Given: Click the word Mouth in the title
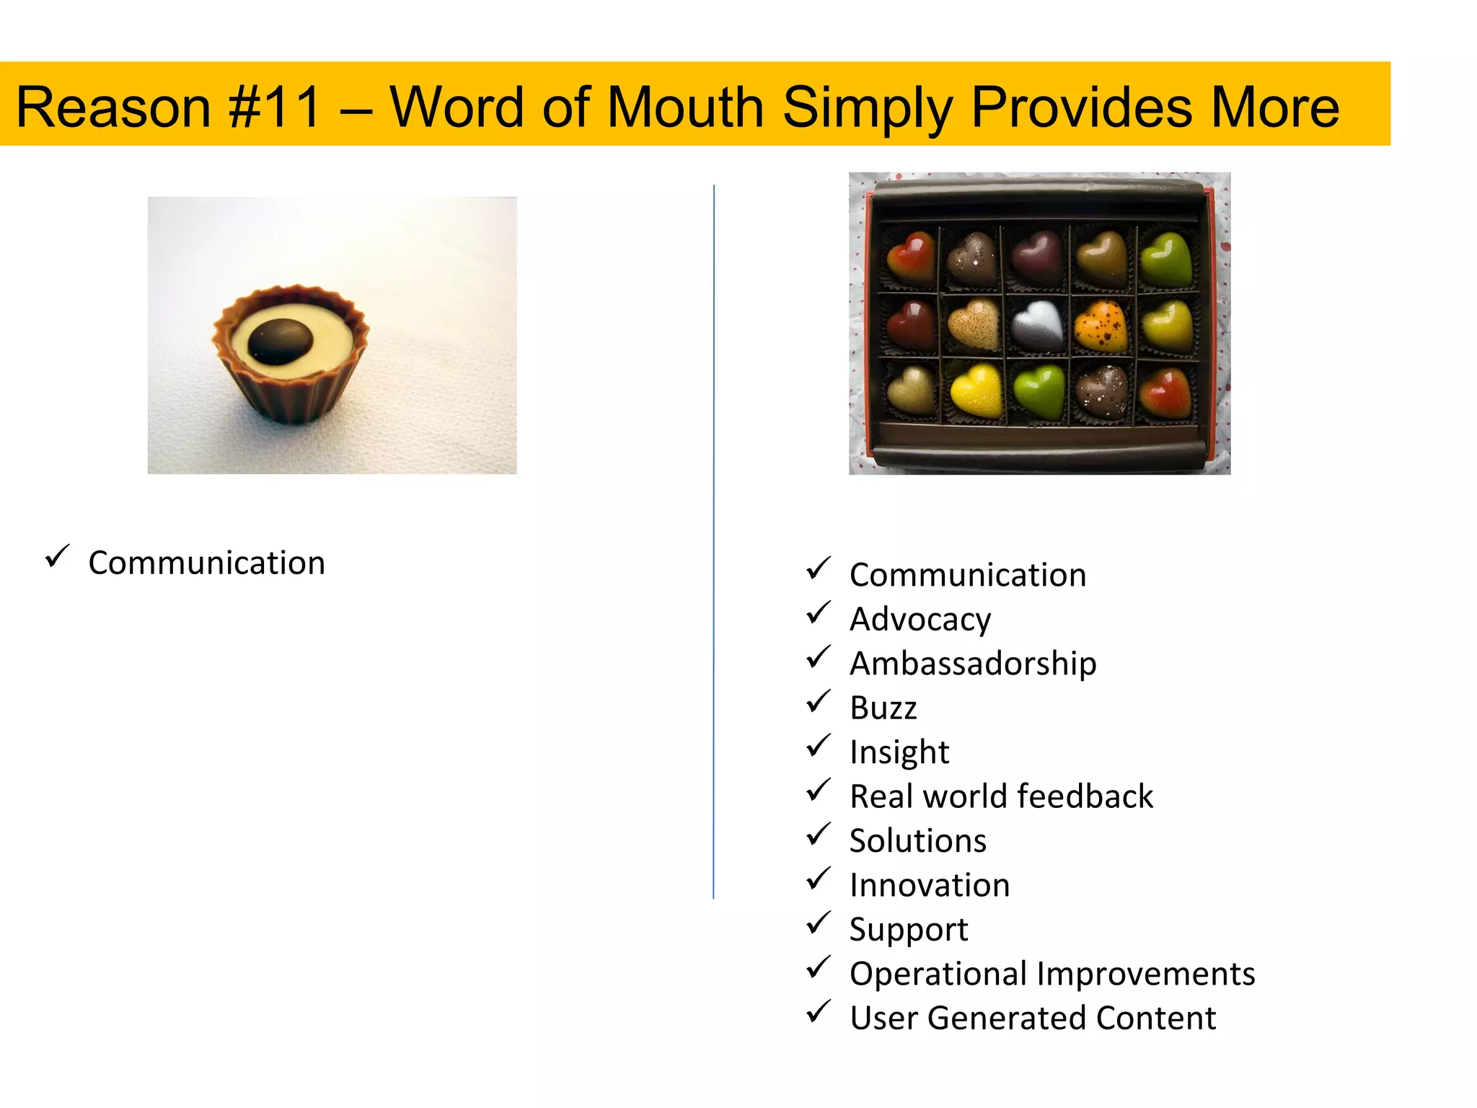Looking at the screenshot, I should (x=685, y=107).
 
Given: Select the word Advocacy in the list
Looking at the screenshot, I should (x=920, y=620).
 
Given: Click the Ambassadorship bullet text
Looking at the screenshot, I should (x=973, y=664).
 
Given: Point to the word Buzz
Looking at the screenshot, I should (x=883, y=708).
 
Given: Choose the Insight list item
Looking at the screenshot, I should (x=899, y=752).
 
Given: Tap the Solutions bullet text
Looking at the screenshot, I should (x=917, y=841).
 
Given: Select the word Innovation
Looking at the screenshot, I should (x=930, y=885).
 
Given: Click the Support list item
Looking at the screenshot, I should (x=909, y=930).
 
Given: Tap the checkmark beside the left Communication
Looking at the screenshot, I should (x=57, y=556).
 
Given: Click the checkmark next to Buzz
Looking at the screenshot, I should (x=819, y=701).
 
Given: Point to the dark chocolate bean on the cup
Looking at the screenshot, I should (x=281, y=341).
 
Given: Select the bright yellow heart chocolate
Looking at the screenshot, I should (x=977, y=390).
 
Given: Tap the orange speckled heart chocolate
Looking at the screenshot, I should (x=1101, y=325).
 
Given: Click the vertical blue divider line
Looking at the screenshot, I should (x=714, y=541).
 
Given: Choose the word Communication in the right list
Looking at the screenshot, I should (x=968, y=575).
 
